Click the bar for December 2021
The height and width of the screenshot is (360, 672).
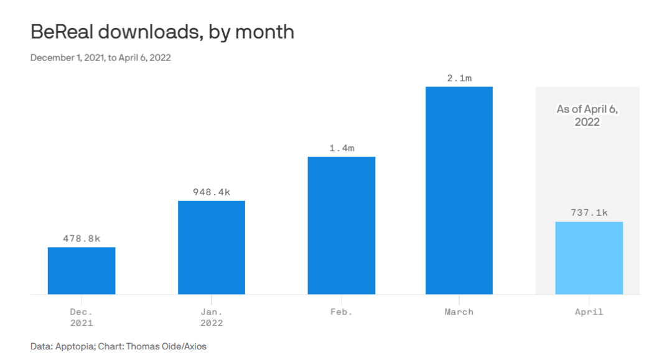pos(82,270)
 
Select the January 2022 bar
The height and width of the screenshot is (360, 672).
pos(212,247)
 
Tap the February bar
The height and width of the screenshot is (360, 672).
pos(342,225)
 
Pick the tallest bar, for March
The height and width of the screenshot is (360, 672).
pos(459,190)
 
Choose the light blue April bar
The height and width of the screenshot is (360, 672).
pos(589,258)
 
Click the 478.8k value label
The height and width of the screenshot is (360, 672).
pos(82,238)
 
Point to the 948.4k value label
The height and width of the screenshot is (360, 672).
pos(212,192)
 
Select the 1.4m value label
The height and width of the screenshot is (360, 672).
pos(342,148)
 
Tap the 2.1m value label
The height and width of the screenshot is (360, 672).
pos(459,78)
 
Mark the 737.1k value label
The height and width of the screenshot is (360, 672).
pos(589,213)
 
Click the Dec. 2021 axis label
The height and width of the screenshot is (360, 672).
pos(82,317)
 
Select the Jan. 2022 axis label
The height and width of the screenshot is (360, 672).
pos(212,317)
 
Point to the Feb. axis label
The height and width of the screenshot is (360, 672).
pos(342,312)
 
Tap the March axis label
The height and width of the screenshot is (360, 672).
pos(459,312)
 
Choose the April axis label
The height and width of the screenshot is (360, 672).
pos(589,312)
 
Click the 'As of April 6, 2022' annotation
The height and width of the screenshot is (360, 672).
pos(587,116)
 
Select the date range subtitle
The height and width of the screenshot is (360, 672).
pos(101,58)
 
